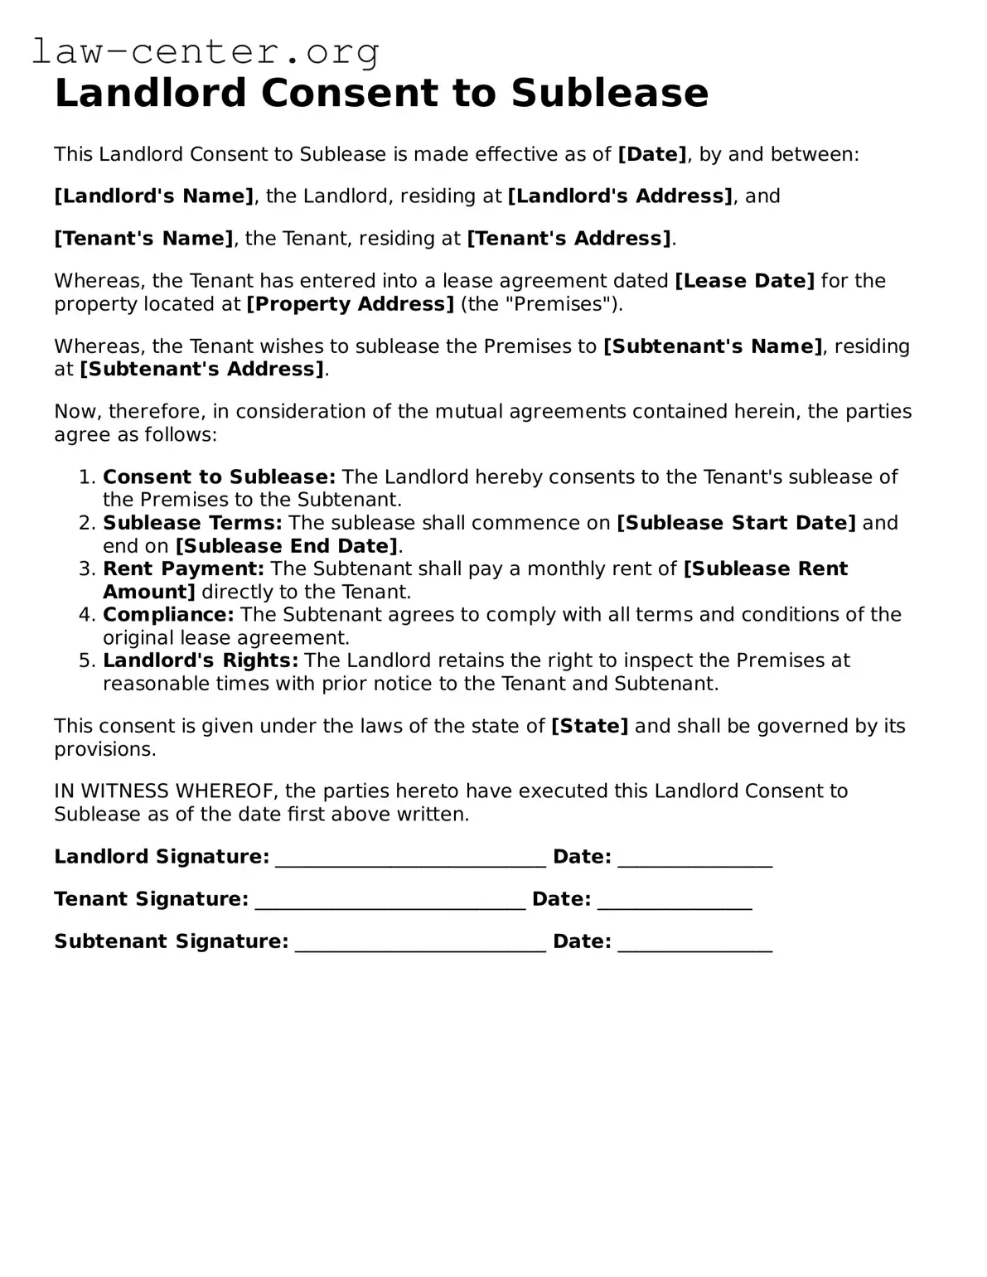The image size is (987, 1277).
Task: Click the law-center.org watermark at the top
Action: [205, 51]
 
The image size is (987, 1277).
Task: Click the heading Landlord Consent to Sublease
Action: [381, 93]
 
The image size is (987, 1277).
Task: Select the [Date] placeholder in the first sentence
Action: [652, 154]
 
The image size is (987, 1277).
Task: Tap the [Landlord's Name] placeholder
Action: [154, 196]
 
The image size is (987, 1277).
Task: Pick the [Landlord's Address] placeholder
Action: [620, 196]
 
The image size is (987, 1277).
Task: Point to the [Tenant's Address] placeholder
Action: [569, 239]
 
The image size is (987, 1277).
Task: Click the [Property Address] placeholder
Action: [350, 304]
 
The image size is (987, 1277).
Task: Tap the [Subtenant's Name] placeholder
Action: [713, 346]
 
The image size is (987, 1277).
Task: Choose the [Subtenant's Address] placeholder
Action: [201, 370]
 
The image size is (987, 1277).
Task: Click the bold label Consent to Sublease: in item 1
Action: [219, 477]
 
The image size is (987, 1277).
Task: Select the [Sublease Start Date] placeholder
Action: [736, 523]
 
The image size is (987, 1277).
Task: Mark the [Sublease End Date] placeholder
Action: [287, 546]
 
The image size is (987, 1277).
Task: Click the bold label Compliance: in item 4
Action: [168, 615]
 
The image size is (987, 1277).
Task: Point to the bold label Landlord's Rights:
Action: [200, 660]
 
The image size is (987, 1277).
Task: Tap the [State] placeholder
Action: [589, 727]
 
